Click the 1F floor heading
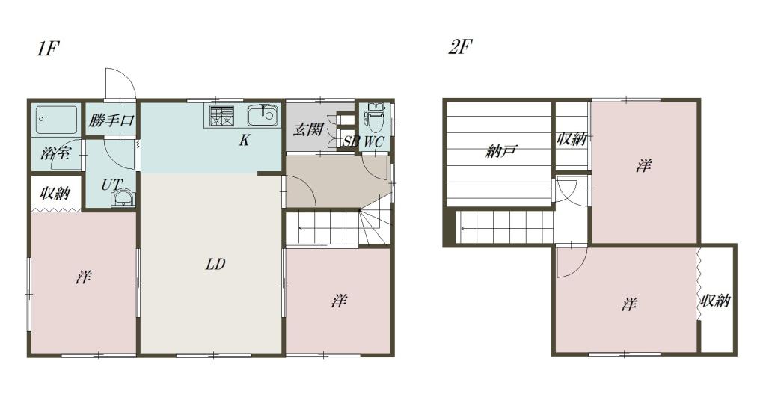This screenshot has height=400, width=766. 48,49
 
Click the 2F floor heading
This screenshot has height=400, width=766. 461,47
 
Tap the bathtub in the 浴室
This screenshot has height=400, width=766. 56,120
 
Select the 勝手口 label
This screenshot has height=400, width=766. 111,120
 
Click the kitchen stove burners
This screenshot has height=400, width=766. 222,116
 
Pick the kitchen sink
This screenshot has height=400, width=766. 263,116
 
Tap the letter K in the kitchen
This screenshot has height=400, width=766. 245,140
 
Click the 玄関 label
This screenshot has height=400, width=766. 308,130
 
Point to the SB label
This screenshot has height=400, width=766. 351,142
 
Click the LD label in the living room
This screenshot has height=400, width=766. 215,264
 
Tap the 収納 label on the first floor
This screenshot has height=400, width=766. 55,194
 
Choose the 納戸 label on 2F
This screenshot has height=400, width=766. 501,152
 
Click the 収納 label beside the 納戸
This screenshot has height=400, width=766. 572,139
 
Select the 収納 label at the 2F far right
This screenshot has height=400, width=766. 716,301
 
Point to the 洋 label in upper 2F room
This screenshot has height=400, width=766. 643,166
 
